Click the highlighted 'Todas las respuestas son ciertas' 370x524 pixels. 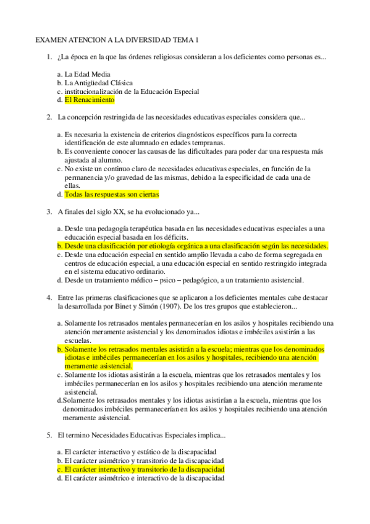click(x=111, y=194)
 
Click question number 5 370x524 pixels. click(x=49, y=435)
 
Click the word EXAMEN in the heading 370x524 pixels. click(x=51, y=41)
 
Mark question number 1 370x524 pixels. click(x=49, y=57)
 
